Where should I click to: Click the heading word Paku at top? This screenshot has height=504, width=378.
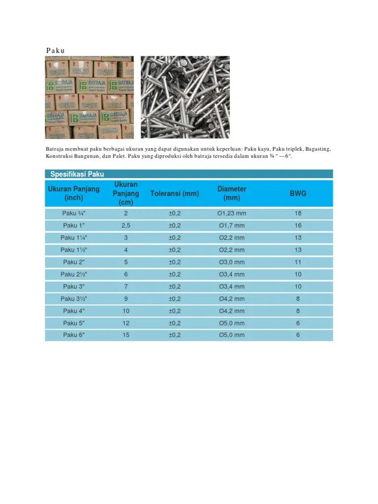(56, 50)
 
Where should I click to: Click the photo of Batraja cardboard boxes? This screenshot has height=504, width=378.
(89, 97)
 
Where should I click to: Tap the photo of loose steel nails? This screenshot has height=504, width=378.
(185, 97)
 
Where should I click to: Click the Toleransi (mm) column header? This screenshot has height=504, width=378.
(175, 193)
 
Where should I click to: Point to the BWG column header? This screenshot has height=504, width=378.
(298, 193)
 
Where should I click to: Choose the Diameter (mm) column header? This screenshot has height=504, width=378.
(232, 193)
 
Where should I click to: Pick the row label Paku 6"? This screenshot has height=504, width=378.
(74, 335)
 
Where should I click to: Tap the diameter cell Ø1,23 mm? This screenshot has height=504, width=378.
(232, 214)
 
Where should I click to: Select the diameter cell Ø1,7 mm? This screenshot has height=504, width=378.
(232, 225)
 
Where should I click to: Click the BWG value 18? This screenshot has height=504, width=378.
(298, 214)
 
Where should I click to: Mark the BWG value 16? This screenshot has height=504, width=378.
(298, 225)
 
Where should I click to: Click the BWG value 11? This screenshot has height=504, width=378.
(298, 262)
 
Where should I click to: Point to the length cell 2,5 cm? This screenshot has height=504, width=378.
(126, 225)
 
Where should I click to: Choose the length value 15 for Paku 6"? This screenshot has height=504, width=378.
(126, 335)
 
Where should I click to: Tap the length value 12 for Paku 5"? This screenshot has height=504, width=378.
(126, 323)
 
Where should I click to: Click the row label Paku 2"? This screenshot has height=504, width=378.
(74, 262)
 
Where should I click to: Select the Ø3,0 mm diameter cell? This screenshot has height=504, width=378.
(232, 262)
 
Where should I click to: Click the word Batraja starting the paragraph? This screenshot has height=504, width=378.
(56, 149)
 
